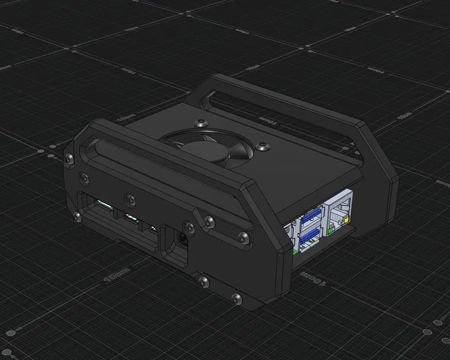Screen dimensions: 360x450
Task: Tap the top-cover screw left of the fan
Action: click(x=200, y=123)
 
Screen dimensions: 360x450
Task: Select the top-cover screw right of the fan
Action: click(x=264, y=147)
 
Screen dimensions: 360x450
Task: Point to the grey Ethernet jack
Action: click(x=341, y=214)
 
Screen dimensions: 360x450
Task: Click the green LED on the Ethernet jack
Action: click(x=330, y=231)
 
